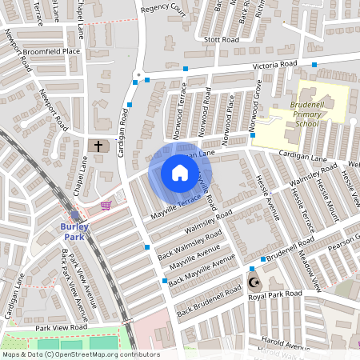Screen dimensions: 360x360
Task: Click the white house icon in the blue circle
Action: [180, 173]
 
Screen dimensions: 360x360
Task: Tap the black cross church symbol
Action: [99, 146]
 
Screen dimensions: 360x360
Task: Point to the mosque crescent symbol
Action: [255, 283]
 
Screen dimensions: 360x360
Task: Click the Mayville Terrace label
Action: [174, 206]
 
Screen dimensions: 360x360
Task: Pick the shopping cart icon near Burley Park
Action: [106, 205]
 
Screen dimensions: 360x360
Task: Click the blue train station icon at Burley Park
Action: [74, 215]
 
